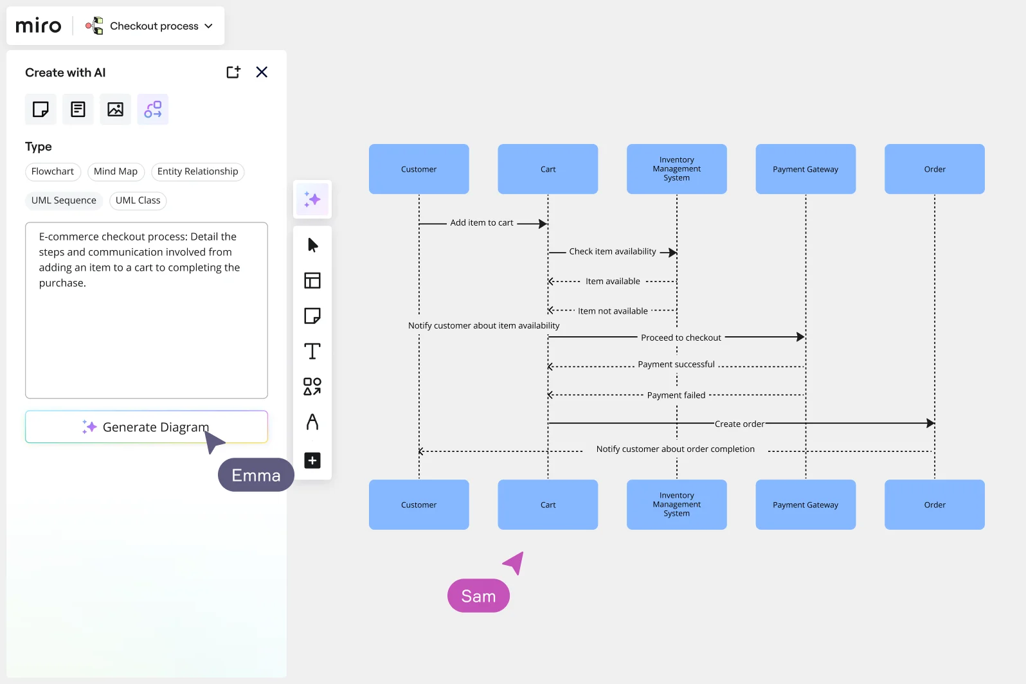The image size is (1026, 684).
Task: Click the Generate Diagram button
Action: (146, 427)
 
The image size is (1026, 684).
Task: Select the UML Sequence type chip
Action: (64, 201)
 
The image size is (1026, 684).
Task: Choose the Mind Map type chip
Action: (116, 172)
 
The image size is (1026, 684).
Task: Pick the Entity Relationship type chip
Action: (197, 172)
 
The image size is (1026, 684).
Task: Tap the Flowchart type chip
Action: (53, 172)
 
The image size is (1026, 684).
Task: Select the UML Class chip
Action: (138, 201)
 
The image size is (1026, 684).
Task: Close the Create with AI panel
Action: (262, 72)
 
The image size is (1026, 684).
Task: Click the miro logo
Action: (39, 26)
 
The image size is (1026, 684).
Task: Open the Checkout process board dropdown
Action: (208, 26)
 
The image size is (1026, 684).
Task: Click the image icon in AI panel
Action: (115, 109)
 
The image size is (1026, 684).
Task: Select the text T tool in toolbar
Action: (312, 351)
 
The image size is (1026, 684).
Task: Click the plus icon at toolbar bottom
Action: (312, 460)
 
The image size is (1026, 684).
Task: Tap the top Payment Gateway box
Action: (806, 169)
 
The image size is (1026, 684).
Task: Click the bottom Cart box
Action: (548, 505)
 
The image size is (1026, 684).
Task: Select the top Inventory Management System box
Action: (676, 169)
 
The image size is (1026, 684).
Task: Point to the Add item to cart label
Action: (482, 223)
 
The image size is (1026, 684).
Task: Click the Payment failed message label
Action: (676, 395)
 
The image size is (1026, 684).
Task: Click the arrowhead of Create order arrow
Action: (930, 423)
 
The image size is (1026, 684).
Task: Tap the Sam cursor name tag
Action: (478, 596)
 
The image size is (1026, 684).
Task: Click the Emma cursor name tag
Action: (256, 475)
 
